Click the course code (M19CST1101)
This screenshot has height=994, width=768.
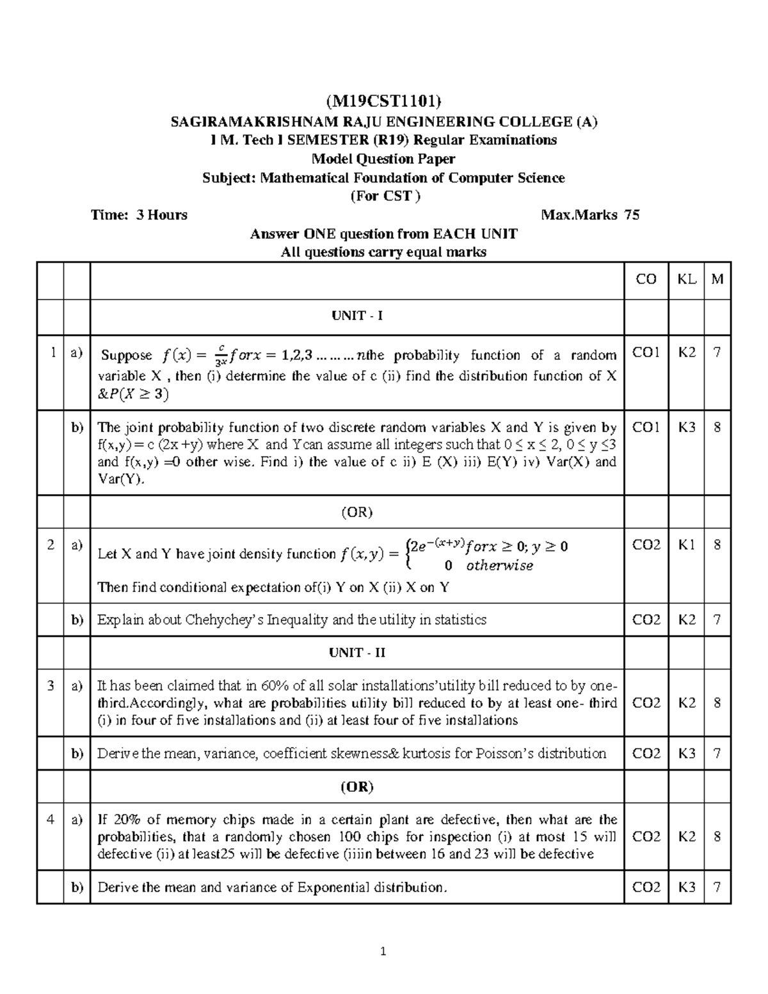point(383,100)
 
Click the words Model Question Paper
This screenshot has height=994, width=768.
point(383,159)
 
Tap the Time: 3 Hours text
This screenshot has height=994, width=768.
point(140,215)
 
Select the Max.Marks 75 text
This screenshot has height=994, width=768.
point(589,215)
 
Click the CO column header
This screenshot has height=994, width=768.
point(646,279)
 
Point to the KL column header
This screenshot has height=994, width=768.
point(687,279)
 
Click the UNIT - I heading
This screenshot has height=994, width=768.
point(356,316)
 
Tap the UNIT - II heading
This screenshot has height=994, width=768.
point(356,653)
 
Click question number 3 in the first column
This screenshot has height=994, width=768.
point(51,686)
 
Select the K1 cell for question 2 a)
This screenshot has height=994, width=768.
point(687,545)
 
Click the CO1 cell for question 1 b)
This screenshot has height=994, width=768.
point(646,428)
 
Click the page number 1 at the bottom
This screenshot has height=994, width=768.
point(383,952)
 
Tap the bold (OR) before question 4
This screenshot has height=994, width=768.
point(356,787)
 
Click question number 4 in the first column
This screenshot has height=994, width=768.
point(51,820)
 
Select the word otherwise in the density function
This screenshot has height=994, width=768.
point(499,566)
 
